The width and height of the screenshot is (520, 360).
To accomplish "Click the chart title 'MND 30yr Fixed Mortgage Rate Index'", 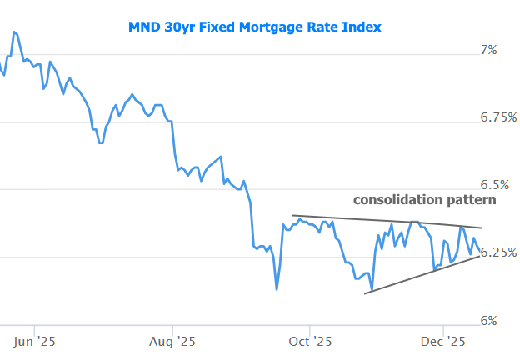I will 255,27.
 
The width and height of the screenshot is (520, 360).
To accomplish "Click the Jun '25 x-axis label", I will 36,340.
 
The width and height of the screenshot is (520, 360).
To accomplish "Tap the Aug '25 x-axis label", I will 172,340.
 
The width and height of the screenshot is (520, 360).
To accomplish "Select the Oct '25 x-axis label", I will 309,340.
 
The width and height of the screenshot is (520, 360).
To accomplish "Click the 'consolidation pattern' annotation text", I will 425,200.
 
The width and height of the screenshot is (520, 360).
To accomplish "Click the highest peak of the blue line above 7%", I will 15,32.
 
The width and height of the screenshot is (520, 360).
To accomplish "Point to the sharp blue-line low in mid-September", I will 277,289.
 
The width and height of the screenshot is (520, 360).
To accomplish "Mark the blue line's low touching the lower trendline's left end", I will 371,289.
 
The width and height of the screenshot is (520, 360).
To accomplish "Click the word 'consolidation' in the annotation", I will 396,200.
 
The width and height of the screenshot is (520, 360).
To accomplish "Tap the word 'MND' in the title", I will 144,27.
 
